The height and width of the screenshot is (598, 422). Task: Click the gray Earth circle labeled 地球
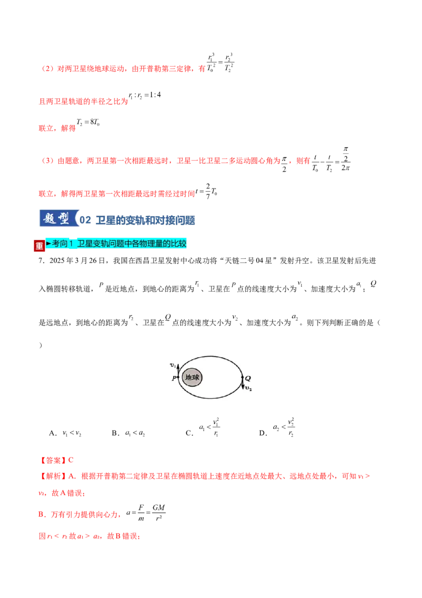192,378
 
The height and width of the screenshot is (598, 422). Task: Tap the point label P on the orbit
174,378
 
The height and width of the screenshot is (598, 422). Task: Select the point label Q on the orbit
248,378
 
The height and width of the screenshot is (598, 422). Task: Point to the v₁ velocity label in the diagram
173,366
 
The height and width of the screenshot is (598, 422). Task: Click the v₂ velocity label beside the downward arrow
248,388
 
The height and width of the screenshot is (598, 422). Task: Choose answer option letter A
53,433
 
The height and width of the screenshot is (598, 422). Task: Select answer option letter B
116,433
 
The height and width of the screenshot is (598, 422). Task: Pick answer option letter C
189,433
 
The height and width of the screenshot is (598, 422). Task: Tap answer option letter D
263,433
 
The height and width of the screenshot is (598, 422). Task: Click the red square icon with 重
39,246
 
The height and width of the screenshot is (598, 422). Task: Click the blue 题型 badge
59,218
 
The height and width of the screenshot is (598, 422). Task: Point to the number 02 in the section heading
85,220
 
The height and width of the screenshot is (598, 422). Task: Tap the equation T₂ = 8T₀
88,123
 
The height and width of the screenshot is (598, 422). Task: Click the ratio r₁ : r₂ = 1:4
145,95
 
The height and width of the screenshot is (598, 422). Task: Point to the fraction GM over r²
159,512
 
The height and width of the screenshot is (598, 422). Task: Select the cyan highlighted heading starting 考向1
116,244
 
